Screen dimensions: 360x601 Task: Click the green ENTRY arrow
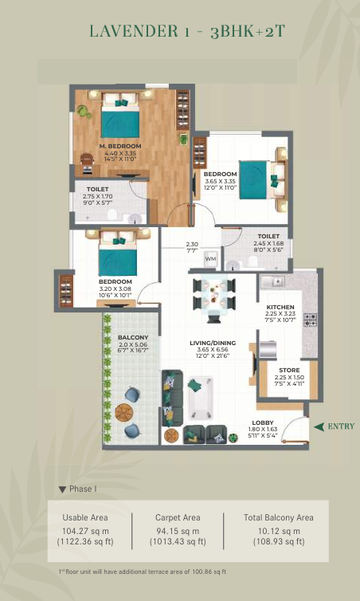point(319,426)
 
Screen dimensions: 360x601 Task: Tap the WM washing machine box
point(210,259)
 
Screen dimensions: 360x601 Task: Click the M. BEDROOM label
point(120,146)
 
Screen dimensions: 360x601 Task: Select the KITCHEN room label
point(280,307)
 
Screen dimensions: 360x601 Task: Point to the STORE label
point(289,371)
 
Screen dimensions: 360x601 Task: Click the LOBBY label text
point(263,422)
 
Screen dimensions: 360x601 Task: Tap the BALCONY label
point(133,338)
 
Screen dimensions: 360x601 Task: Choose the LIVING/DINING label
point(213,343)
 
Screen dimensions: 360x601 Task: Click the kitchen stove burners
point(310,320)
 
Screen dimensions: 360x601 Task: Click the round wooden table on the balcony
point(124,412)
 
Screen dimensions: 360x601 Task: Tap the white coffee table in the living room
point(199,398)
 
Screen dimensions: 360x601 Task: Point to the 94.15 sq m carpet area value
point(178,531)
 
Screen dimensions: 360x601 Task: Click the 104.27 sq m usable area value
point(85,531)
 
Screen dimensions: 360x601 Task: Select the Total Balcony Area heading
point(279,517)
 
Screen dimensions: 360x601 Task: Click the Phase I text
point(80,489)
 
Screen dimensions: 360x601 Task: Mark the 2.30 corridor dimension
point(192,244)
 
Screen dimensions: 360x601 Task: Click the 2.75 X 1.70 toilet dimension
point(97,196)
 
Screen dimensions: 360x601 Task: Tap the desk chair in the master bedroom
point(88,159)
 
